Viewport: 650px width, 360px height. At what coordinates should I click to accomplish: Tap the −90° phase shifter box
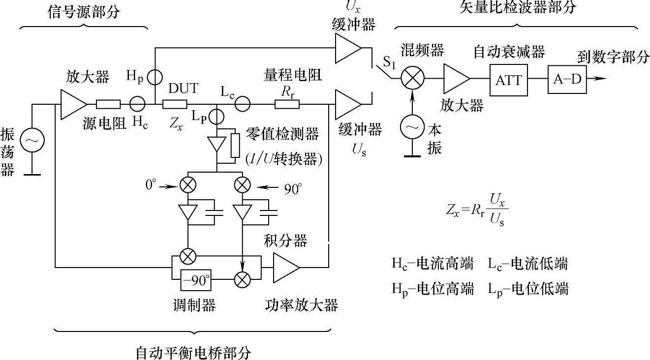(x=196, y=280)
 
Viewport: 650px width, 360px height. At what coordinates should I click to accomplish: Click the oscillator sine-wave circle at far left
(x=31, y=141)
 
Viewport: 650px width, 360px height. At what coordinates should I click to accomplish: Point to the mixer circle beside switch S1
(x=412, y=78)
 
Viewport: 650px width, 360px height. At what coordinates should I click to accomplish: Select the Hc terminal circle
(x=137, y=104)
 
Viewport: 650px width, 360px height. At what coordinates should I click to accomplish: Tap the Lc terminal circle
(x=242, y=104)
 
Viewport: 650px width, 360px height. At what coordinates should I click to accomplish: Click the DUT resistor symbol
(x=175, y=104)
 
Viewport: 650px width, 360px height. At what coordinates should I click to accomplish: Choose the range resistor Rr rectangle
(x=287, y=104)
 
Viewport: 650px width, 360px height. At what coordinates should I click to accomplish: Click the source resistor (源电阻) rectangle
(x=108, y=104)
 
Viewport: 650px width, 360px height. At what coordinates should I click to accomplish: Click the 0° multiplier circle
(x=187, y=185)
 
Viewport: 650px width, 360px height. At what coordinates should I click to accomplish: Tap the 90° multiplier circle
(x=242, y=185)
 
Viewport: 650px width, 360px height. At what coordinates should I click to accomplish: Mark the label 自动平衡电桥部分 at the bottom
(x=193, y=353)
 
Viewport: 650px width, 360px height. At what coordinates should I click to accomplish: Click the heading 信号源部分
(x=83, y=12)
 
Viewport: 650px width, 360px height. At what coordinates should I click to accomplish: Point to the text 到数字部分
(x=613, y=58)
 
